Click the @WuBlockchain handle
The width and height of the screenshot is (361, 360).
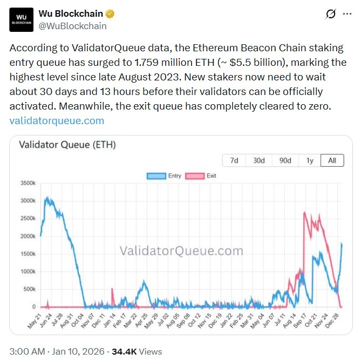tap(72, 25)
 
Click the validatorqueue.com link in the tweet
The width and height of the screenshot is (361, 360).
tap(57, 120)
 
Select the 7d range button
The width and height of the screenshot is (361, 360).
tap(235, 161)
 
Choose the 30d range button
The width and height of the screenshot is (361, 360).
tap(259, 161)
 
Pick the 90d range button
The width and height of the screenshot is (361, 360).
tap(284, 161)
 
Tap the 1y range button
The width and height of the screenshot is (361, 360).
tap(309, 161)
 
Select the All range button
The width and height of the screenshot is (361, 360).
tap(332, 161)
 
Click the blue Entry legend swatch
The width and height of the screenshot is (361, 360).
tap(156, 176)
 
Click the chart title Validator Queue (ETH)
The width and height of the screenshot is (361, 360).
tap(67, 145)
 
